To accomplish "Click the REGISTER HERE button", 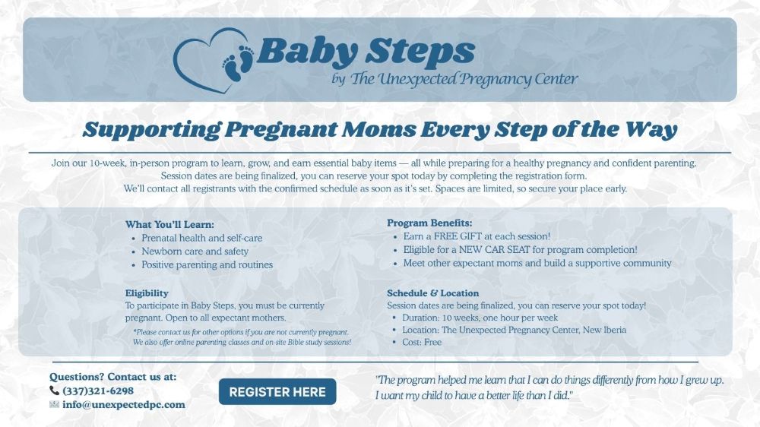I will click(277, 392).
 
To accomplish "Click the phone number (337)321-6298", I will click(98, 391).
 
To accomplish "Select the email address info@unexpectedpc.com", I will click(123, 404).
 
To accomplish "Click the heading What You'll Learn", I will click(169, 224).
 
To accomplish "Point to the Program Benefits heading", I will click(429, 223).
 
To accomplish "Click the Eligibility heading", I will click(147, 293).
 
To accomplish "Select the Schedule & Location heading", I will click(432, 293).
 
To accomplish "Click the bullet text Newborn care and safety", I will click(195, 251).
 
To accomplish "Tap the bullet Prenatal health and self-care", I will click(201, 238).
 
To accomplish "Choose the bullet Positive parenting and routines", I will click(207, 265).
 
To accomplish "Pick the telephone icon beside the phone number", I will click(54, 391).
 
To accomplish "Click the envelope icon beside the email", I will click(54, 404).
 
